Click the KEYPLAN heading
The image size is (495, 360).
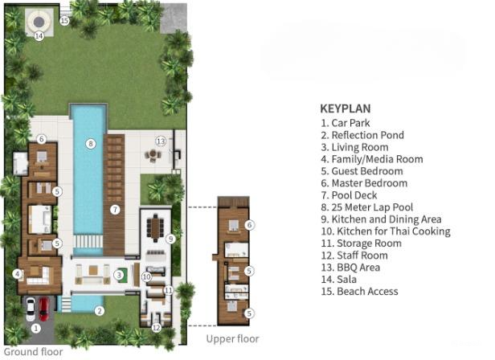tap(345, 108)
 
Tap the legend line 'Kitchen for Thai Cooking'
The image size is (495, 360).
tap(385, 231)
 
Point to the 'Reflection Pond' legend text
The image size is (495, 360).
tap(362, 135)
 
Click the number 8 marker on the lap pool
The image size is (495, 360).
tap(91, 144)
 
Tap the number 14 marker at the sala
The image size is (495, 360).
tap(38, 35)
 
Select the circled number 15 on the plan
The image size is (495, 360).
tap(64, 21)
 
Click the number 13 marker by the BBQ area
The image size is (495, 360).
tap(160, 141)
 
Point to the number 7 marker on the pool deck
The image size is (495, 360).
tap(115, 210)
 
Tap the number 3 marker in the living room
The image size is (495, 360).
tap(118, 275)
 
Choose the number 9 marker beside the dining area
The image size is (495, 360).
tap(170, 239)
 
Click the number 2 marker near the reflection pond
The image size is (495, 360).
tap(100, 309)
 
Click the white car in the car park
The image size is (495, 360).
tap(31, 309)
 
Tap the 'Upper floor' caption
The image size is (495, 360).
tap(233, 339)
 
